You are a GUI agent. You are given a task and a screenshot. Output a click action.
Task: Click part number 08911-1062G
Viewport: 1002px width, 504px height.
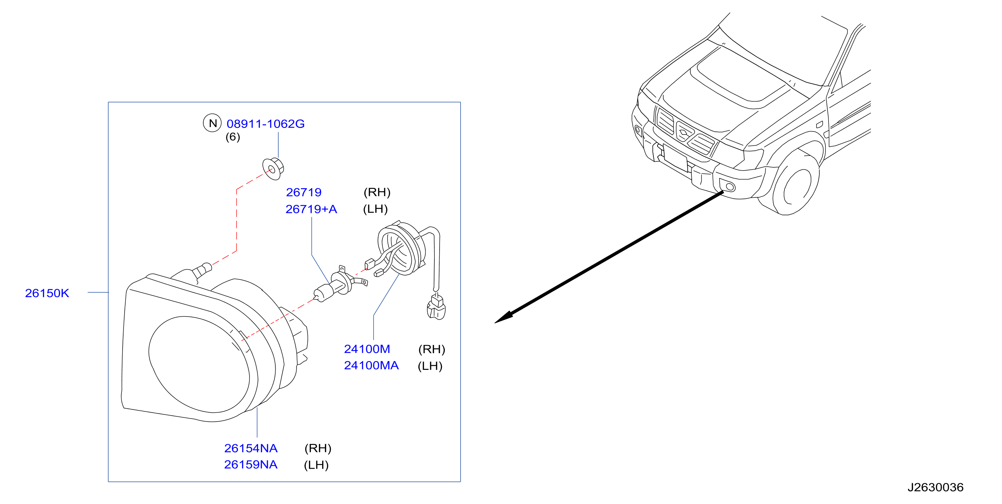coord(266,124)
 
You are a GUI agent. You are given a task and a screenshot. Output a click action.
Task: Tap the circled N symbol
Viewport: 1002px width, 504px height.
coord(212,123)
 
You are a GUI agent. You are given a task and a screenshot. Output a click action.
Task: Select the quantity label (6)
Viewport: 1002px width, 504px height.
coord(233,137)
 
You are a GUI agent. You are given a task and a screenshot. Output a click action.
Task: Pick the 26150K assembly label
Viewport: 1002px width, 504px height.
coord(47,293)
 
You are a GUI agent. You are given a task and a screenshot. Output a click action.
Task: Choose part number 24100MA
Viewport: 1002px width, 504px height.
coord(371,365)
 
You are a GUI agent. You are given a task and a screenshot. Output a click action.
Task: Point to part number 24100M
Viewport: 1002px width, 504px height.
coord(367,349)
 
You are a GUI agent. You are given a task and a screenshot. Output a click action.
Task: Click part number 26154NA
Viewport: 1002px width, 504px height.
coord(251,448)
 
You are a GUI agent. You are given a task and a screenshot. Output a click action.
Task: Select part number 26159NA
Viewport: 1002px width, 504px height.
coord(251,465)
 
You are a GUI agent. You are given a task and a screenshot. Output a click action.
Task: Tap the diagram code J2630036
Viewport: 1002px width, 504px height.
coord(935,487)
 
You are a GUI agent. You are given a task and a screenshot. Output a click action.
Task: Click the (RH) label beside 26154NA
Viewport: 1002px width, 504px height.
coord(318,448)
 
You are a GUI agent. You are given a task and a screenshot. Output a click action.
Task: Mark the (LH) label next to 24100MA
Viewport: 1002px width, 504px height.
coord(430,366)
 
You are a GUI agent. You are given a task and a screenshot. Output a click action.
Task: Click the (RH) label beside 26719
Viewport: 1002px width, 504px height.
coord(377,192)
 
